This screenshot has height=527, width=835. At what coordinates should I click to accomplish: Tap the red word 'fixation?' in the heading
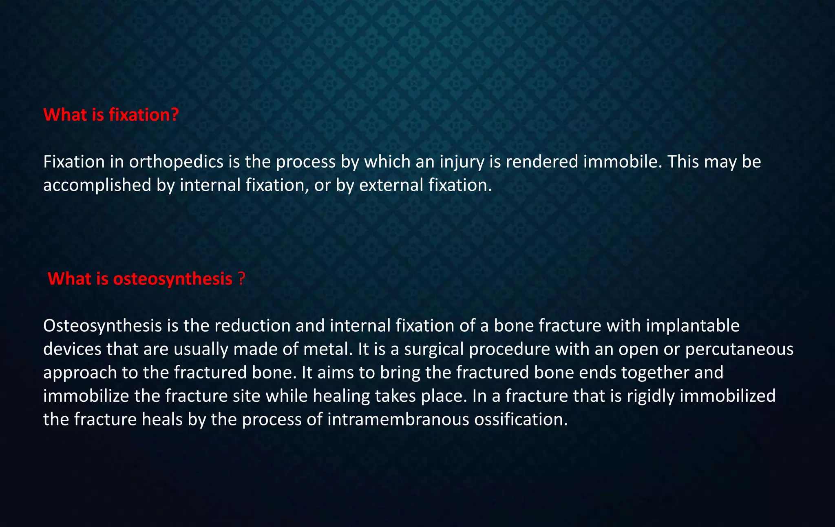pos(144,115)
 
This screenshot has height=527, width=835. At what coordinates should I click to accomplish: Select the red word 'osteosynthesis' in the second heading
pos(172,279)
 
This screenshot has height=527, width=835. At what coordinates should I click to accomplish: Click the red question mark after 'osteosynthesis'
pos(241,279)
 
